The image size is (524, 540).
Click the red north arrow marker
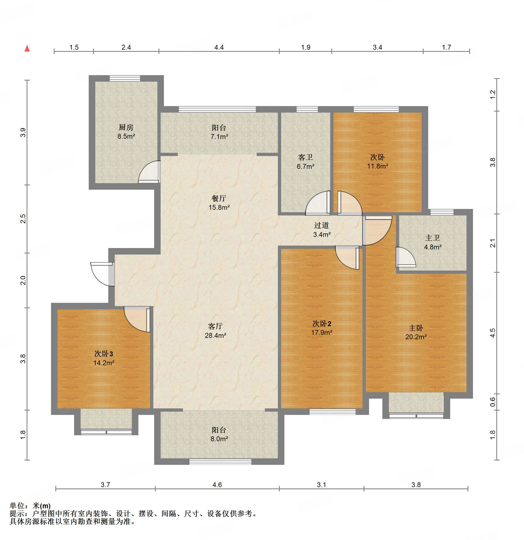[x=27, y=49]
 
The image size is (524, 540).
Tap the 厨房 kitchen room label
[x=126, y=127]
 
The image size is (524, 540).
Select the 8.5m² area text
[x=126, y=136]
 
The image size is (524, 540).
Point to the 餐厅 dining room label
[x=219, y=198]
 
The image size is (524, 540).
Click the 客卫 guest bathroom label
[x=306, y=157]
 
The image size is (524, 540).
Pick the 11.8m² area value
[x=377, y=166]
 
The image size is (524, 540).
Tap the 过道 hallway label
[x=322, y=225]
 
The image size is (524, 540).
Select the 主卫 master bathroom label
[x=433, y=238]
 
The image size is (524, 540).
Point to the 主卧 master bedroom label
[x=416, y=328]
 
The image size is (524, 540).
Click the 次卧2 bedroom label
[x=322, y=323]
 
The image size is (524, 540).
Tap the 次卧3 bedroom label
[x=104, y=354]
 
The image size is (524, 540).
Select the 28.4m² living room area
[x=215, y=335]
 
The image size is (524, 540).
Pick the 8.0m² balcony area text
[x=219, y=439]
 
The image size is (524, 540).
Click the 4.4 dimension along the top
[x=219, y=47]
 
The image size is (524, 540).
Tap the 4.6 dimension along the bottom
[x=217, y=485]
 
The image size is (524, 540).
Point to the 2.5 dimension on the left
[x=23, y=219]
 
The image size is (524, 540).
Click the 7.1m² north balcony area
[x=219, y=136]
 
